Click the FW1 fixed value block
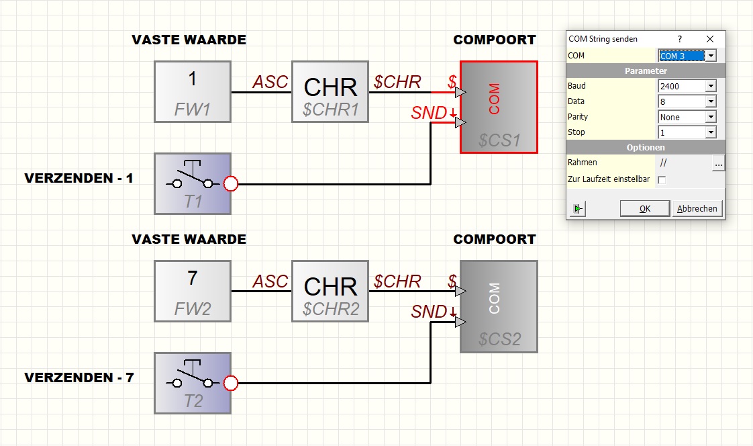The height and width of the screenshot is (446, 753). [x=193, y=92]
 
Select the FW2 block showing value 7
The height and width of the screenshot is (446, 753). [x=193, y=292]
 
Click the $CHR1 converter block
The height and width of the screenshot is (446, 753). [x=330, y=92]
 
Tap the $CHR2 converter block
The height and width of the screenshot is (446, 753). [x=330, y=292]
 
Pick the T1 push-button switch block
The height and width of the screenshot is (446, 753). [x=193, y=183]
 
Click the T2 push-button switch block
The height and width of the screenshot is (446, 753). [x=193, y=383]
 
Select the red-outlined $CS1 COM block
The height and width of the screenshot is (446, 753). [x=499, y=107]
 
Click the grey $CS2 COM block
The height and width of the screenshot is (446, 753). [x=499, y=306]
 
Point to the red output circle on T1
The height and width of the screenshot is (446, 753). [x=231, y=183]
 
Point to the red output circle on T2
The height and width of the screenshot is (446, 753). [x=231, y=383]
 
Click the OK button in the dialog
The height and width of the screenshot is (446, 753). [x=645, y=209]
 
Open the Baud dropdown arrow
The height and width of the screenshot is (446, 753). [x=711, y=86]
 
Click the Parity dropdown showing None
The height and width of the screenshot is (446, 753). [x=687, y=117]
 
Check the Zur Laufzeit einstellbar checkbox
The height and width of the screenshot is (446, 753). [x=662, y=180]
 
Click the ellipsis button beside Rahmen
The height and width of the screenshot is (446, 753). [x=718, y=163]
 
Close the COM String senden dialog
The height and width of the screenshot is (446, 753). [x=710, y=39]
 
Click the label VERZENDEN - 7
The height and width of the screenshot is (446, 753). [x=79, y=377]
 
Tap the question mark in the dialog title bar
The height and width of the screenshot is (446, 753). [x=680, y=39]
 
